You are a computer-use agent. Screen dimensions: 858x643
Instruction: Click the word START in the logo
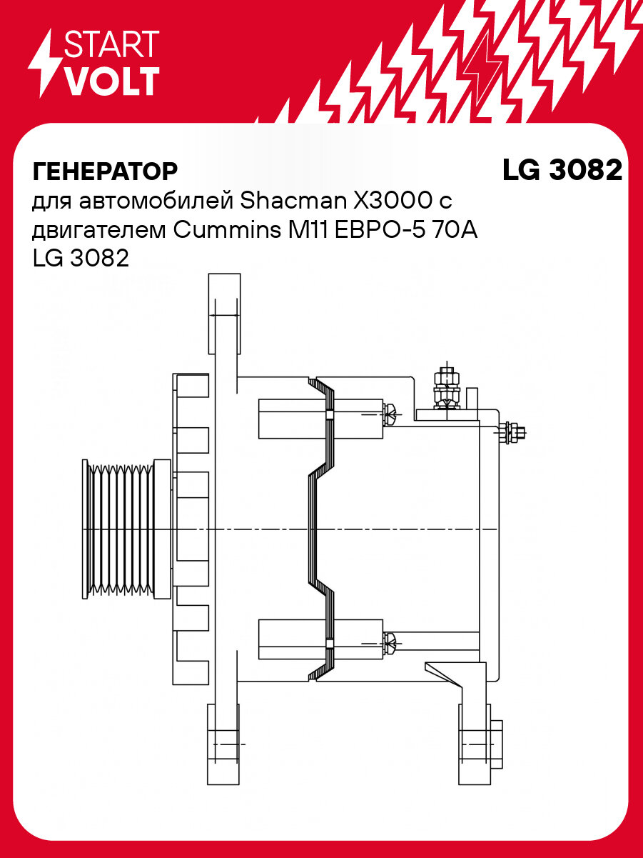point(111,44)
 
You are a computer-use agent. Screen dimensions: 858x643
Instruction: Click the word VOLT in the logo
point(111,81)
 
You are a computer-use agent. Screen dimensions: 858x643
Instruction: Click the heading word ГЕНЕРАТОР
point(104,171)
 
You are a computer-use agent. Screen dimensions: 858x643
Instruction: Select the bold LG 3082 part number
point(562,171)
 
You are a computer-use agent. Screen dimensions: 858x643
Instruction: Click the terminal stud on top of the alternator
point(445,389)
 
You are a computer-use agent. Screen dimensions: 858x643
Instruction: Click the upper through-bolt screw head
point(393,413)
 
